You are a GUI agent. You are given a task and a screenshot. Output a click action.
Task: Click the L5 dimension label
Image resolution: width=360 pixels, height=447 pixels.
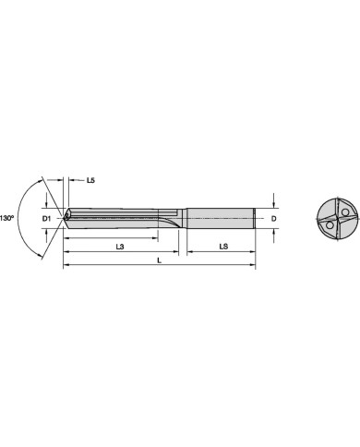pyautogui.click(x=90, y=180)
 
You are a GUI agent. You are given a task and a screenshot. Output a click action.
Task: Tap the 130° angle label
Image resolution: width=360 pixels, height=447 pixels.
pyautogui.click(x=7, y=218)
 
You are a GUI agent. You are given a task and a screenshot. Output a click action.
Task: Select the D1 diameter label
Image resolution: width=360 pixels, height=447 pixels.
pyautogui.click(x=46, y=218)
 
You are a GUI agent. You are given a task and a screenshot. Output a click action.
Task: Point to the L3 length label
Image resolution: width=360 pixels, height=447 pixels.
pyautogui.click(x=120, y=247)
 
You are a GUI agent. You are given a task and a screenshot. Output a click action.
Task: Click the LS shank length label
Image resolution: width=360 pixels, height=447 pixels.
pyautogui.click(x=223, y=247)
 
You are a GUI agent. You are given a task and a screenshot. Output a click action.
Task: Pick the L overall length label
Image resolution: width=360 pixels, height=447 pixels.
pyautogui.click(x=159, y=260)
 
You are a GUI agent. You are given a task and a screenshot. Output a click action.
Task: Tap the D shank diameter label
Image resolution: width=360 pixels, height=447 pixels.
pyautogui.click(x=273, y=218)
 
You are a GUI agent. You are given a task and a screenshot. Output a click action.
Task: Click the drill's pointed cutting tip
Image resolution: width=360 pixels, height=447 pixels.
pyautogui.click(x=64, y=218)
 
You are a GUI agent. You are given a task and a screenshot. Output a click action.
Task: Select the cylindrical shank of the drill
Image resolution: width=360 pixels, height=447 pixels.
pyautogui.click(x=221, y=218)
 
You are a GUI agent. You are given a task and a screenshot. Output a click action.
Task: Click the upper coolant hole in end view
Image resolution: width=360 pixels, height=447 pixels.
pyautogui.click(x=345, y=212)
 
